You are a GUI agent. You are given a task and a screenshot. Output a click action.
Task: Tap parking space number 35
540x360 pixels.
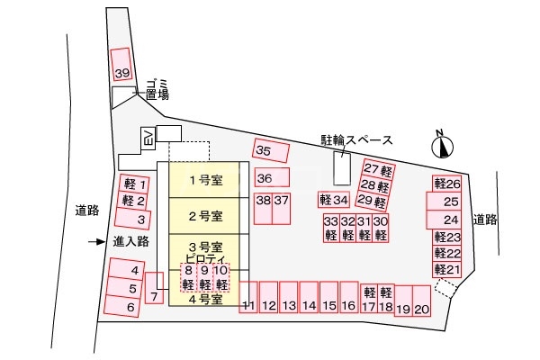pyautogui.click(x=266, y=151)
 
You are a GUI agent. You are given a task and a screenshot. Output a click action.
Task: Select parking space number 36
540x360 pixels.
pyautogui.click(x=266, y=177)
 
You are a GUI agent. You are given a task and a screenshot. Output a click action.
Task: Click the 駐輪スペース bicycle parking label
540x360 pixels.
pyautogui.click(x=356, y=140)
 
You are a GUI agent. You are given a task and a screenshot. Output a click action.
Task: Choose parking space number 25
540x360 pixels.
pyautogui.click(x=451, y=202)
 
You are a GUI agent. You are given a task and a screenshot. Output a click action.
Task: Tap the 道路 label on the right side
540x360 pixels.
pyautogui.click(x=484, y=219)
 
